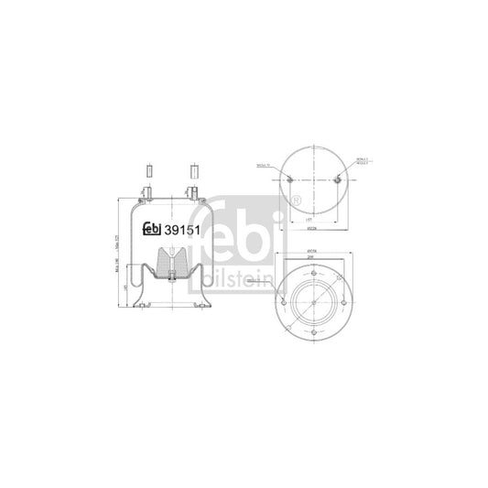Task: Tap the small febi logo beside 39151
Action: point(151,229)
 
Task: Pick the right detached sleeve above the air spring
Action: point(194,170)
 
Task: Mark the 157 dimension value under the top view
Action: point(311,220)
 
